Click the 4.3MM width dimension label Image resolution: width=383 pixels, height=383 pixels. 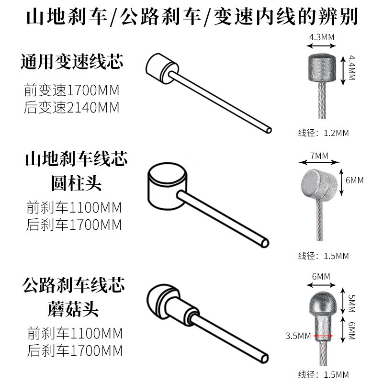tap(321, 37)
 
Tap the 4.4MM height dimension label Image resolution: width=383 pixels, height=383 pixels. tap(352, 68)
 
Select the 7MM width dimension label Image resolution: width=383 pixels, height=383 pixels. tap(319, 156)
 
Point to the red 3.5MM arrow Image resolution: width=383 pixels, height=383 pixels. tap(323, 336)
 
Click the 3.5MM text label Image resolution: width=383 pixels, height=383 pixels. tap(298, 336)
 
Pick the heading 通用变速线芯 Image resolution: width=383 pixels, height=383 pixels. tap(72, 61)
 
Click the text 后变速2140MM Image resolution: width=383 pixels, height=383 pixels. tap(71, 107)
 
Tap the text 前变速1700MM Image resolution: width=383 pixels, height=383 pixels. tap(71, 90)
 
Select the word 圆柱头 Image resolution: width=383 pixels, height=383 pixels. tap(77, 183)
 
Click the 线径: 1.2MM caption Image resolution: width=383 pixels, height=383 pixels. tap(324, 133)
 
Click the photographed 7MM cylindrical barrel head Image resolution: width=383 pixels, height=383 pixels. tap(319, 183)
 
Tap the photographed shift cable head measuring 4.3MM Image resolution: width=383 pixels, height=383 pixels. tap(322, 68)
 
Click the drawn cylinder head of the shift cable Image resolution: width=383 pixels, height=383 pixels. tap(161, 68)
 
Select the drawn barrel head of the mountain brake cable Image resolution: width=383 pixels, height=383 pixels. tap(167, 186)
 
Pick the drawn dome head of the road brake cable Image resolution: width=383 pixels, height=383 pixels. tap(162, 302)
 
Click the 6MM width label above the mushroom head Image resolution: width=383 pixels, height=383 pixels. tap(321, 277)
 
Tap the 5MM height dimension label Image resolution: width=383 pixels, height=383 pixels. tap(352, 303)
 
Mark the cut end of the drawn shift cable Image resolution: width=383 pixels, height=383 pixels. tap(269, 130)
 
